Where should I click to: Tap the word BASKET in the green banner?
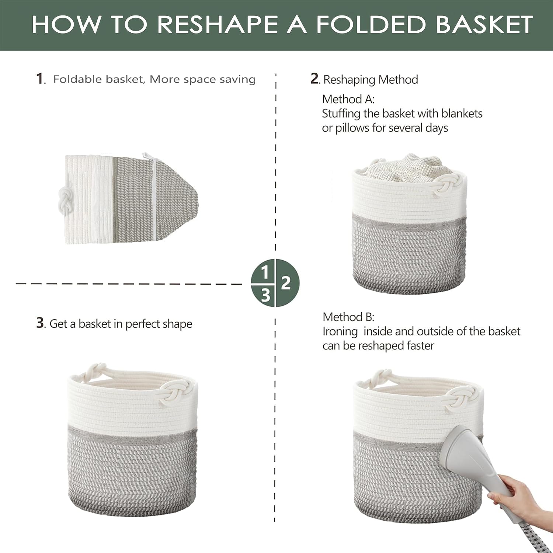(484, 24)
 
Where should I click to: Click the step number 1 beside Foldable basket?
(39, 79)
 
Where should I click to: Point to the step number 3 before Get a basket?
(40, 323)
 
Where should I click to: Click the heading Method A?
(348, 99)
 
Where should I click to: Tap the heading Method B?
(348, 317)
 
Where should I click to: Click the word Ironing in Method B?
(340, 332)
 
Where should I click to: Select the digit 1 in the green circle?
(264, 273)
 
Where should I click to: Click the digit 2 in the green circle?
(286, 283)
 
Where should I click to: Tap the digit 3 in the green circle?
(265, 295)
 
